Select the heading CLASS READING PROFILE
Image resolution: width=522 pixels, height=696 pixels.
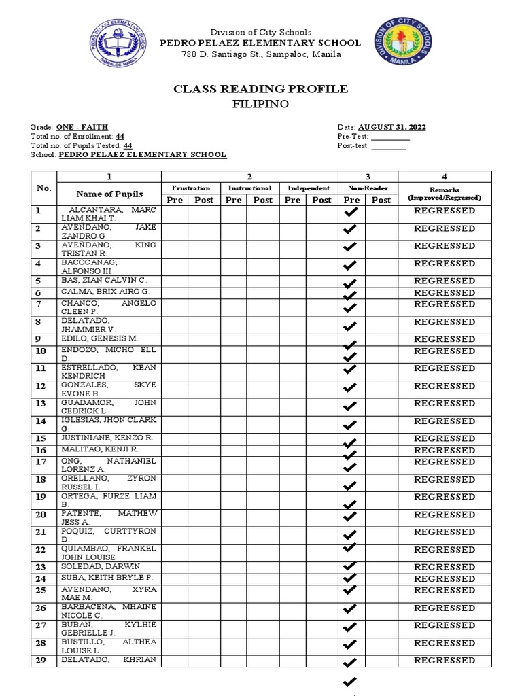[x=261, y=89]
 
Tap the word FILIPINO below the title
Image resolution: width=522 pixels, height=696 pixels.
[x=261, y=104]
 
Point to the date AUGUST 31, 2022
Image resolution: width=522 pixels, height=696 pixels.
[x=392, y=128]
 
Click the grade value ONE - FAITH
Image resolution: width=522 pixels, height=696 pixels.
[x=82, y=128]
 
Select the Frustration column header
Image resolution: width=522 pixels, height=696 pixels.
[x=190, y=188]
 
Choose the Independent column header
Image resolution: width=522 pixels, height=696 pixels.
[x=309, y=188]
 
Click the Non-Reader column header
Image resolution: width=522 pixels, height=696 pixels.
[x=368, y=188]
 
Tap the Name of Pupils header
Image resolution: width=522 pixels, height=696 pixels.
[x=109, y=194]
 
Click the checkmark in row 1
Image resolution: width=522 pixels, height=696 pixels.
[x=351, y=213]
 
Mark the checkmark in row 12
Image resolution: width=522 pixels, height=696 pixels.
[x=351, y=388]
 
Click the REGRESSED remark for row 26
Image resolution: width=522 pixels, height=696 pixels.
[x=445, y=608]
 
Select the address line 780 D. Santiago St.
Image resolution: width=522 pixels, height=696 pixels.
[x=261, y=55]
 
